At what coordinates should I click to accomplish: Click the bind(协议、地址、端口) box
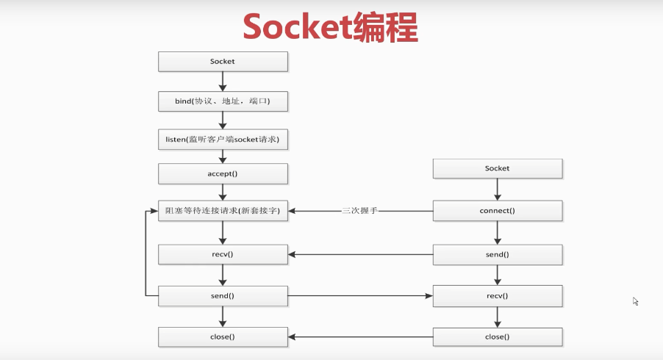223,101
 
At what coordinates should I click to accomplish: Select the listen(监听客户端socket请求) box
223,140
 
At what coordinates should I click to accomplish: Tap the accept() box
223,174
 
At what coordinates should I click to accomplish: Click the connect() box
498,211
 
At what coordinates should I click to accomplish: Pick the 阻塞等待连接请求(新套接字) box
223,211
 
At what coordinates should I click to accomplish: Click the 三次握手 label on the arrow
360,211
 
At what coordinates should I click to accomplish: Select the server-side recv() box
223,254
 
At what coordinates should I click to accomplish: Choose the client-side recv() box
498,296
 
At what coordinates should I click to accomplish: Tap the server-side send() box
223,296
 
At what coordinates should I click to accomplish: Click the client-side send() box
498,254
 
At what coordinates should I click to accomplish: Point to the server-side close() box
223,336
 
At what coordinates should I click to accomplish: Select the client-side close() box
498,336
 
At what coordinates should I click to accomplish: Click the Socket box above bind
223,62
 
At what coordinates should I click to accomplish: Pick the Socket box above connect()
498,168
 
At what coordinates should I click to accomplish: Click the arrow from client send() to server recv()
360,254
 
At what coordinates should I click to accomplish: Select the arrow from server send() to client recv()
360,296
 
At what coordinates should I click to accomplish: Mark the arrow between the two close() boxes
360,336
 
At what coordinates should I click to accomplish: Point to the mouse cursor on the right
635,300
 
